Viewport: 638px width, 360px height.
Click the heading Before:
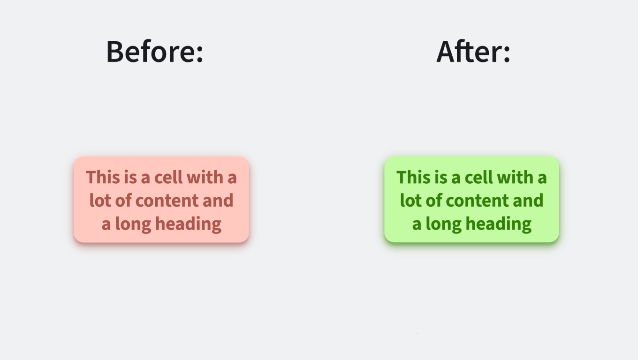(x=154, y=51)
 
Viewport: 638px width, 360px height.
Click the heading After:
(x=473, y=51)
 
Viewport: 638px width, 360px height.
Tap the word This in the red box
(x=100, y=178)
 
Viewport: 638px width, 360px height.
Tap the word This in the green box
(x=411, y=178)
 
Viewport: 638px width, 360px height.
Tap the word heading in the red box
(x=188, y=224)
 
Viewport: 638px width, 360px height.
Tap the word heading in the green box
(x=499, y=224)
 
